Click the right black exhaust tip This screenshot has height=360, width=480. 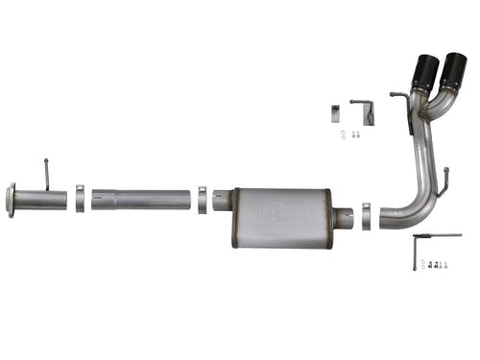point(452,72)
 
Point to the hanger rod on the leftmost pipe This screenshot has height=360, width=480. point(47,175)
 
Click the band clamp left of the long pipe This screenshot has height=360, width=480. point(80,200)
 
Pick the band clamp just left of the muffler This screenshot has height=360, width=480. point(202,200)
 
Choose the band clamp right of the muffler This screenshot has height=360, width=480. point(366,213)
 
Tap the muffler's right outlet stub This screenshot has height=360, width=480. point(344,218)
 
